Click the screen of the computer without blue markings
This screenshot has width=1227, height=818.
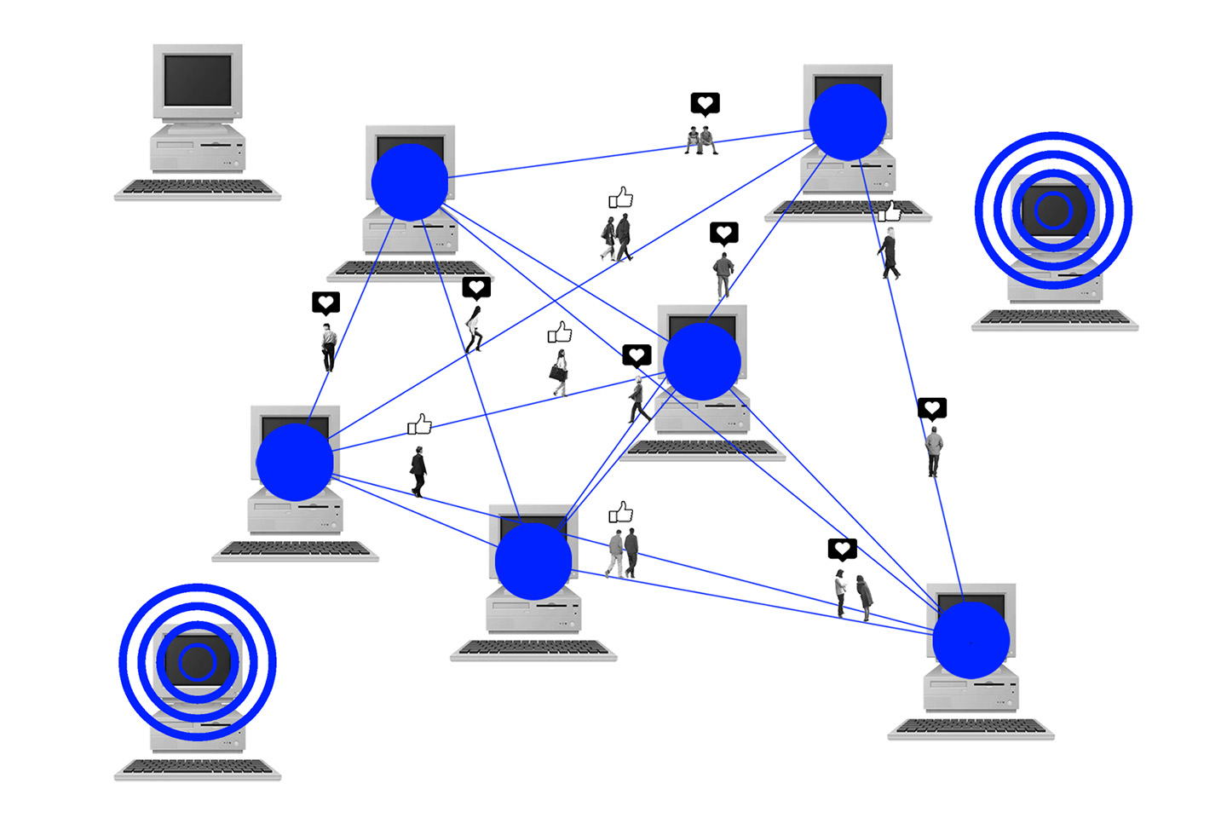click(x=198, y=80)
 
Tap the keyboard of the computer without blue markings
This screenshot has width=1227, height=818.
click(x=198, y=188)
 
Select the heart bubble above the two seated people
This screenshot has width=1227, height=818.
click(x=705, y=103)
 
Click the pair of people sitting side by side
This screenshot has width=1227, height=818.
click(x=701, y=140)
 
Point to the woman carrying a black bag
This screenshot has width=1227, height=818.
click(x=560, y=373)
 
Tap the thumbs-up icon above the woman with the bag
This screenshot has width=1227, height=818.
click(x=560, y=331)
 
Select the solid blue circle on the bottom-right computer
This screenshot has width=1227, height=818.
click(x=971, y=640)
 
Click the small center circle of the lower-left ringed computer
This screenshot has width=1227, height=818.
click(x=198, y=662)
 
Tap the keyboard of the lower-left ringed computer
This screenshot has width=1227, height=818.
click(x=198, y=769)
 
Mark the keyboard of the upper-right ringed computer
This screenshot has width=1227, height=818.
click(x=1055, y=319)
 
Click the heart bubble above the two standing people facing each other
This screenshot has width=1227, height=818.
click(x=842, y=549)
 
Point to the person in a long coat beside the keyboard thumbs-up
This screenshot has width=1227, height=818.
click(x=890, y=253)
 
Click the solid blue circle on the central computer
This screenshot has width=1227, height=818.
click(x=702, y=361)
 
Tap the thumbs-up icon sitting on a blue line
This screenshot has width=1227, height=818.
click(x=419, y=424)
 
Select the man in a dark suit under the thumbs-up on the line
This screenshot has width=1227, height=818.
click(x=418, y=471)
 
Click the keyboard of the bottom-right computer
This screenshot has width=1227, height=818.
click(x=971, y=728)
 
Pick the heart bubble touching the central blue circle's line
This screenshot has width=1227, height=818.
click(x=637, y=354)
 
